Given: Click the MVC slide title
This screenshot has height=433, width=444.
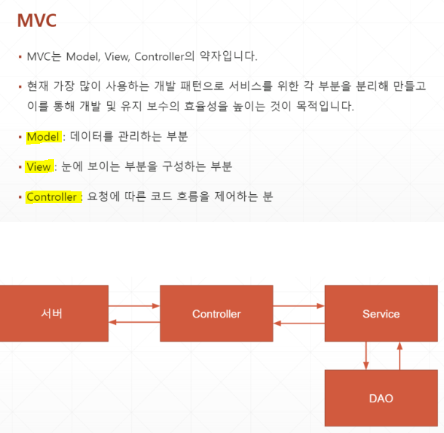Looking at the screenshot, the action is pos(36,20).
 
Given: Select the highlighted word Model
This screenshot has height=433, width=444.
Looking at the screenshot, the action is pos(42,137).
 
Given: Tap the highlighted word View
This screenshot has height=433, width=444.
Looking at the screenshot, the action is pos(38,166).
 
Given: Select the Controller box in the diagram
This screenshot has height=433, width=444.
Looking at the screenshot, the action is pos(217,314).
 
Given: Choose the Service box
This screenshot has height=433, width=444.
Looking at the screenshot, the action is pos(381,314).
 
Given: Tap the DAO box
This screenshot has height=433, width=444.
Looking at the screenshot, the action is pos(381,398).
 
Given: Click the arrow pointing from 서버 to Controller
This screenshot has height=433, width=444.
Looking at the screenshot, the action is pos(134,306).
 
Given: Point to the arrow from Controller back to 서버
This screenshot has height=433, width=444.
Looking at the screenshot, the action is pos(134,323).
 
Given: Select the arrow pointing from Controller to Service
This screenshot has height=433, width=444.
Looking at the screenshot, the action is pos(299,306).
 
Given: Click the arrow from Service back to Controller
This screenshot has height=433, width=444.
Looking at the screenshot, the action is pos(299,323).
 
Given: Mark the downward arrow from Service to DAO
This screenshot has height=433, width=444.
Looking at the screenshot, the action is pos(366,356).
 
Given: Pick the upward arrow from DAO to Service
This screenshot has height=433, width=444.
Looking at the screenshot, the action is pos(399,356).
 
